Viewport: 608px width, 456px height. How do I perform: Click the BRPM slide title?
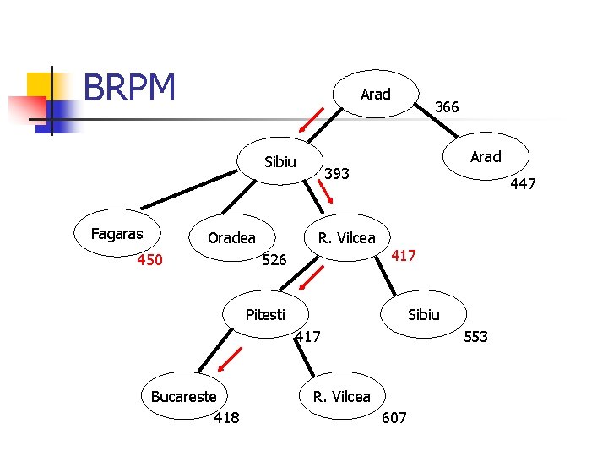pos(129,87)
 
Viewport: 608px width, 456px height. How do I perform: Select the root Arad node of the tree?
pos(376,94)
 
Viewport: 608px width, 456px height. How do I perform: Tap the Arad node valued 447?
pos(486,156)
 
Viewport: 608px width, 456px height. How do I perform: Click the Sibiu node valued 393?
pos(280,161)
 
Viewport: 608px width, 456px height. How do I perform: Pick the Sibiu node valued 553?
pos(423,314)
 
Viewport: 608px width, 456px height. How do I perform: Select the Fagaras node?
pos(117,233)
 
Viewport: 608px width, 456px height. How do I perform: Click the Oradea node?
pos(232,237)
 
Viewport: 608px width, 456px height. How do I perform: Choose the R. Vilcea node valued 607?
pos(342,396)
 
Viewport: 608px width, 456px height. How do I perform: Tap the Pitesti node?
pos(266,314)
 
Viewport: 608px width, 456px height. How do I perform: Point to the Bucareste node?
pos(184,396)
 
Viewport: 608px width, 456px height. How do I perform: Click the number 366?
pos(447,106)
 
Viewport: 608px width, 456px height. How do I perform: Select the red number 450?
pos(149,259)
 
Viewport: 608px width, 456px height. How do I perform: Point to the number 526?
pos(274,259)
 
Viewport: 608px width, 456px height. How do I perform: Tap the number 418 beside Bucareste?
pos(227,418)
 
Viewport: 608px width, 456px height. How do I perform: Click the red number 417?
pos(404,255)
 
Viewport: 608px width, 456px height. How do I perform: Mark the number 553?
pos(475,336)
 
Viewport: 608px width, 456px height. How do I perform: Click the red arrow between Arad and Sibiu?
pos(311,120)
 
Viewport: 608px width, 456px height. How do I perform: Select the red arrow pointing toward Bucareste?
pos(230,360)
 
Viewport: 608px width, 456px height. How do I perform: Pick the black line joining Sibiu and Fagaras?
pos(189,190)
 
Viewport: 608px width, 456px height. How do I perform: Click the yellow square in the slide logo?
pos(39,86)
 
